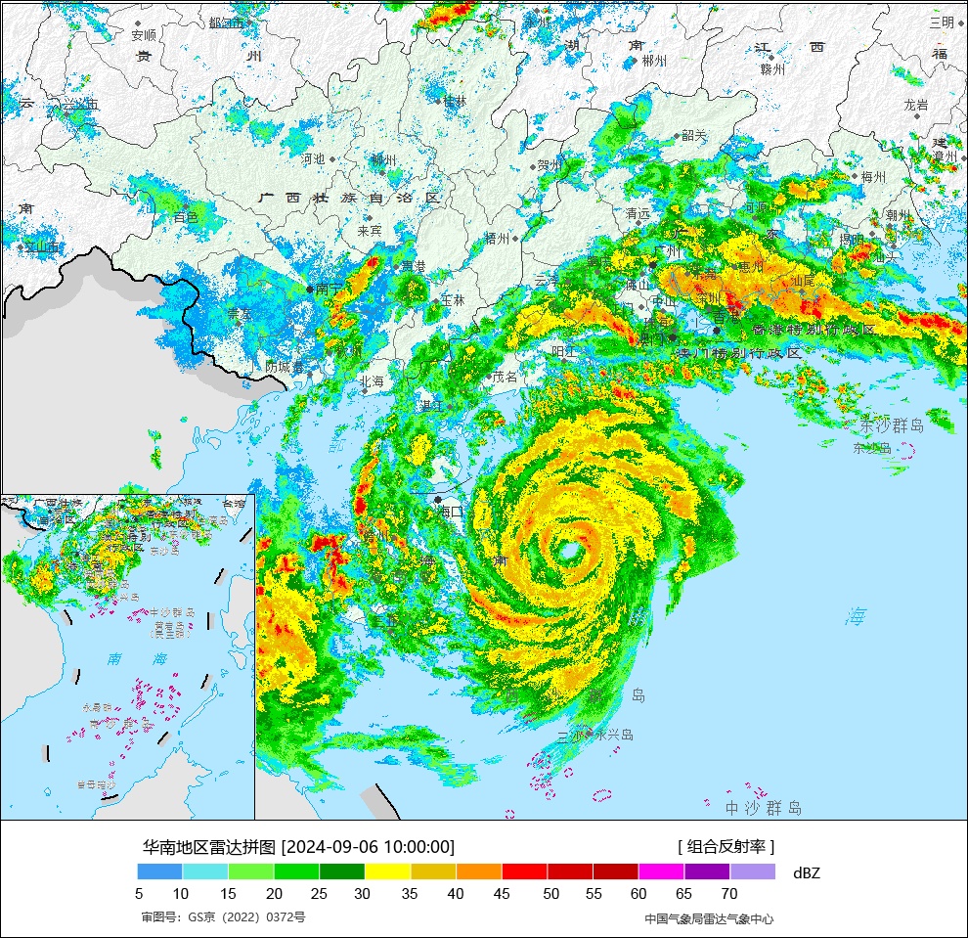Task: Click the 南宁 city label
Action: (329, 289)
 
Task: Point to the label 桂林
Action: (455, 101)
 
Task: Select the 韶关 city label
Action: (693, 135)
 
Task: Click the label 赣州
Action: (772, 69)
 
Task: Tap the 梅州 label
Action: (872, 177)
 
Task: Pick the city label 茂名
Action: (505, 377)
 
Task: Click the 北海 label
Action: (372, 381)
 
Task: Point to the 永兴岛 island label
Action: (614, 735)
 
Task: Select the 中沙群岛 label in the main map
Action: (763, 808)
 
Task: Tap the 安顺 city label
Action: (144, 34)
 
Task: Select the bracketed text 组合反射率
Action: (726, 847)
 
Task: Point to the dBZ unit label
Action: (807, 872)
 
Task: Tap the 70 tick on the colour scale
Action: (729, 893)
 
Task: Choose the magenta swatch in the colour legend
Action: (661, 871)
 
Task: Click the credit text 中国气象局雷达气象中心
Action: (709, 918)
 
